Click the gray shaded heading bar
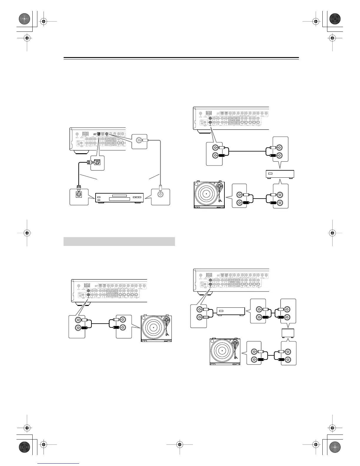[119, 241]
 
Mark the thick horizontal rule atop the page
[181, 58]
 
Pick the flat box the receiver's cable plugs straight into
[231, 311]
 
